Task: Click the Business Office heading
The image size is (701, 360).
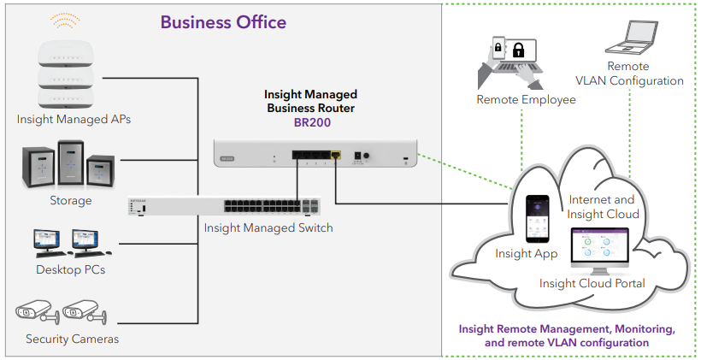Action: pyautogui.click(x=223, y=22)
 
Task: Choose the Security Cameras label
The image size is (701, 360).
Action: pyautogui.click(x=72, y=339)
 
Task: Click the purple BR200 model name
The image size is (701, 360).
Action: pyautogui.click(x=311, y=122)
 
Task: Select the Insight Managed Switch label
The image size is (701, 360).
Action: pyautogui.click(x=268, y=227)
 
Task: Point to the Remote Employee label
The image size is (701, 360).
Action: pyautogui.click(x=526, y=100)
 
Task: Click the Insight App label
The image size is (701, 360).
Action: pyautogui.click(x=527, y=254)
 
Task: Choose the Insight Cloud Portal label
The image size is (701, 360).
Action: pyautogui.click(x=592, y=283)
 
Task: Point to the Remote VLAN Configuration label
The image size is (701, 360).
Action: pyautogui.click(x=628, y=74)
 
